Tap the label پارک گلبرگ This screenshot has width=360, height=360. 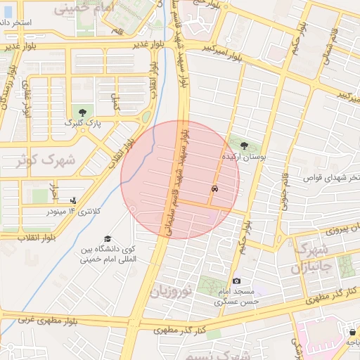coord(84,123)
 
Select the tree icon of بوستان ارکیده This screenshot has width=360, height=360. coord(243,146)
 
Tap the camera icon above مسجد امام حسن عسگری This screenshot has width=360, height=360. coord(236,281)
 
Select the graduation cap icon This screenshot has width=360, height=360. coord(108,239)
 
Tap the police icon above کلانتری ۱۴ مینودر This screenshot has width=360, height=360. coord(74,200)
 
